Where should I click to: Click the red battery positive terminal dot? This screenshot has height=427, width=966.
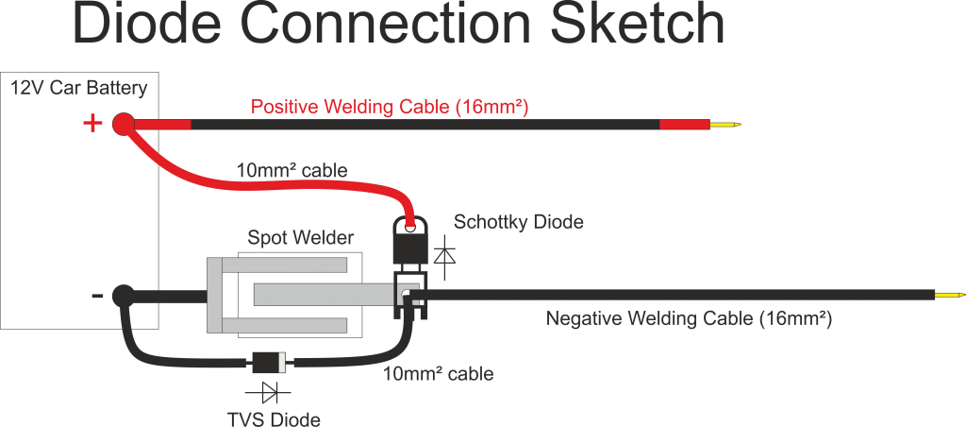124,125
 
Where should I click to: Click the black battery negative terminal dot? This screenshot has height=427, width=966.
123,296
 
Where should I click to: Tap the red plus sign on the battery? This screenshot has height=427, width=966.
92,124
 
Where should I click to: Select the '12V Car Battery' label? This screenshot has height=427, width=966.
79,88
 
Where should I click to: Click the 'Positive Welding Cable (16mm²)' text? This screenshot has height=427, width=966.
390,107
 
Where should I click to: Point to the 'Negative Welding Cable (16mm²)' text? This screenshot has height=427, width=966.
690,319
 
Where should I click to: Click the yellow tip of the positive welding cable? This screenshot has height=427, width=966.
725,125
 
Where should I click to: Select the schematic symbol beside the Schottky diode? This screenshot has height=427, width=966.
445,253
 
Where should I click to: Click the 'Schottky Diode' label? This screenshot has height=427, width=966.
519,221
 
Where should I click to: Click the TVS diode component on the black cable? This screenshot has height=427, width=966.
270,363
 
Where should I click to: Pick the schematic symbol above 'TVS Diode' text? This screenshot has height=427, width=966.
268,392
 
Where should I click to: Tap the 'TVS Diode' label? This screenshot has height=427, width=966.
274,419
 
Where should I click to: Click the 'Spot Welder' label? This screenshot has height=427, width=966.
301,237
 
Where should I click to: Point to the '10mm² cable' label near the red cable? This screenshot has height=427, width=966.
292,170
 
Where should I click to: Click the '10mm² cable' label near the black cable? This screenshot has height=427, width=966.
438,373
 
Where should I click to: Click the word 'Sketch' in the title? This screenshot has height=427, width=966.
638,24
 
